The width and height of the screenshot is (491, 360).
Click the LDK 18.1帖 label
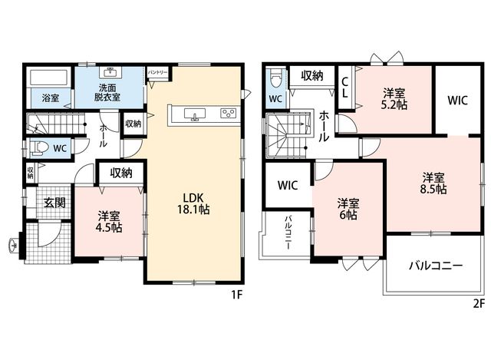pos(193,203)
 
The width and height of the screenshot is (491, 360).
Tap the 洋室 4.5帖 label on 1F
pos(109,222)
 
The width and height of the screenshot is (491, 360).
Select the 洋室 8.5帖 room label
pos(433,183)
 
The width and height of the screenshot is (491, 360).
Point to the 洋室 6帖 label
pos(348,209)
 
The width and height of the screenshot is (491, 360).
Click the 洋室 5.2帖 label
pos(394,99)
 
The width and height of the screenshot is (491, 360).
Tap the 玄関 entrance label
pos(54,203)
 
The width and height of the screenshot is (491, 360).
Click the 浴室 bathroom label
pos(51,98)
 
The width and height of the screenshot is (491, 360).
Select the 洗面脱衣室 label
pos(107,92)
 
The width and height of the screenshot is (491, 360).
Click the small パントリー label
pos(157,72)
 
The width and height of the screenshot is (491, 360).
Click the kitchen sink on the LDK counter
pos(195,114)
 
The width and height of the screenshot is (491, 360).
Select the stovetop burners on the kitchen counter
pos(228,113)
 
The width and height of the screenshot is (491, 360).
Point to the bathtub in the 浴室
pos(48,78)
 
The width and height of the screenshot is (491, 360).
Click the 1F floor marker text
pos(237,295)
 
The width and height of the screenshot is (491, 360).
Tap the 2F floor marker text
pos(479,303)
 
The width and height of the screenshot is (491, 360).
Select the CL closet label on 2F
pos(344,88)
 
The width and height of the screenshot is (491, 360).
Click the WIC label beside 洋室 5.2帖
pos(457,101)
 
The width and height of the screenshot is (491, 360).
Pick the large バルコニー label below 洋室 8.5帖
pos(436,266)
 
